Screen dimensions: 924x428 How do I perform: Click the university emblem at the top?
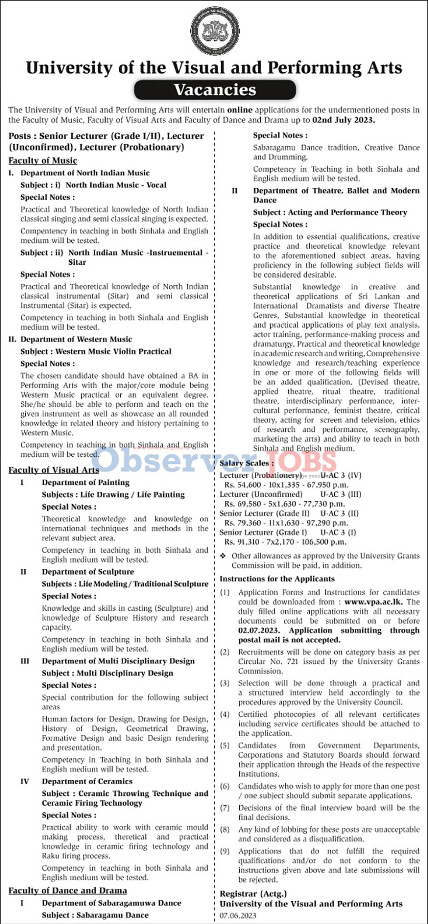214,31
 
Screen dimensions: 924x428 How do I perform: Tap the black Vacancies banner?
214,89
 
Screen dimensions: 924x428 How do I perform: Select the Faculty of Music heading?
43,161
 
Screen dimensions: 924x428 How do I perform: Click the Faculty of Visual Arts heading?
54,470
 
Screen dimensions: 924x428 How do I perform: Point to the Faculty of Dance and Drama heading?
68,891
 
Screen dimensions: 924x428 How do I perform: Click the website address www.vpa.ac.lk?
373,602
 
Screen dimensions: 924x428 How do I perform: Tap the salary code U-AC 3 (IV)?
341,475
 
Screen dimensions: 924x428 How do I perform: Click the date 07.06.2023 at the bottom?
238,915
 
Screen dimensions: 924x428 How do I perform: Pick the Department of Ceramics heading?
87,781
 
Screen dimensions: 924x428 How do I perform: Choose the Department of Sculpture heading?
88,572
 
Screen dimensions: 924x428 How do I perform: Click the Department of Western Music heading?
76,339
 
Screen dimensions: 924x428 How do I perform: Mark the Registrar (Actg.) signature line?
253,894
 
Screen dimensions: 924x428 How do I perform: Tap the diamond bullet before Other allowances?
223,556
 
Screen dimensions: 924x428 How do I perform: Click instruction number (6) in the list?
225,786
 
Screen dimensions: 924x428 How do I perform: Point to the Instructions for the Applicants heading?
277,579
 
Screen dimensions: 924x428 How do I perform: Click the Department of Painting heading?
86,482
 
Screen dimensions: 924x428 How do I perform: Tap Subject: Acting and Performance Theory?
330,212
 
